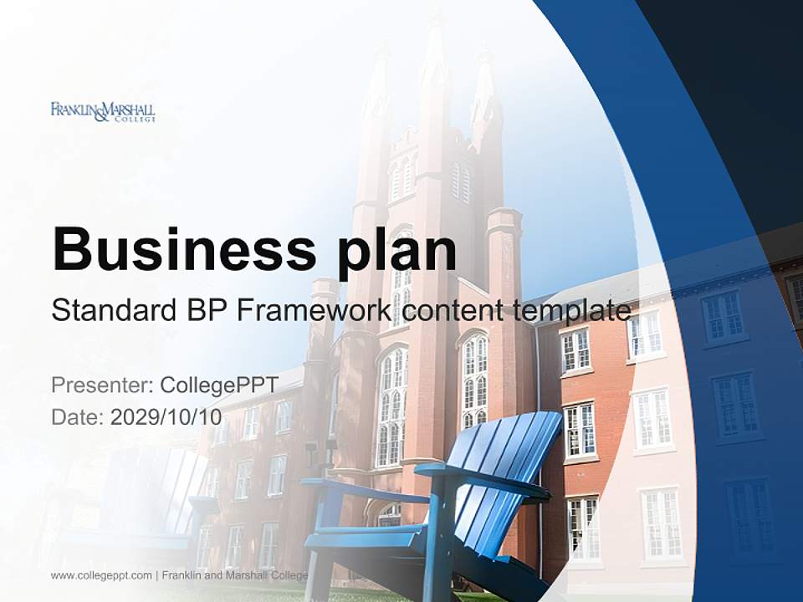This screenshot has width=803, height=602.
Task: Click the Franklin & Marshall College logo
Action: [x=103, y=111]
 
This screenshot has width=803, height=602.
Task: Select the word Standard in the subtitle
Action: [x=108, y=312]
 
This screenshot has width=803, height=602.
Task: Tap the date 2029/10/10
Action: [x=166, y=416]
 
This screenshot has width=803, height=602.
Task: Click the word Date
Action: [x=77, y=416]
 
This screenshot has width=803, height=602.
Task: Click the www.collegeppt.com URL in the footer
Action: [x=101, y=575]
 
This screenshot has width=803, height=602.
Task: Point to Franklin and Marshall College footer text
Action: [x=235, y=575]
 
